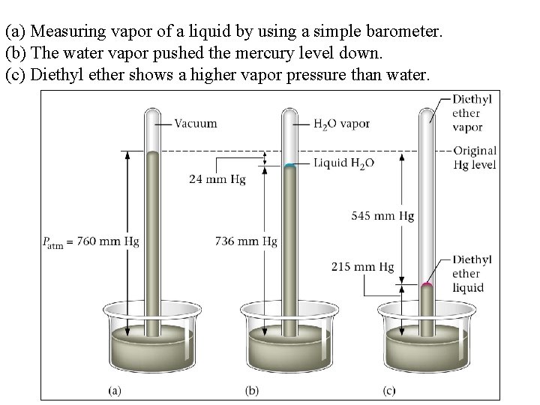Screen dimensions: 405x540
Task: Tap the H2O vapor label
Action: [x=341, y=124]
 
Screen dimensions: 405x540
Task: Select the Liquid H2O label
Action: [x=343, y=163]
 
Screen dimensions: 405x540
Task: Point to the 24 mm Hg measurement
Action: [x=217, y=178]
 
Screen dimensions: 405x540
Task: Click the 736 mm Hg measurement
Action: [x=246, y=241]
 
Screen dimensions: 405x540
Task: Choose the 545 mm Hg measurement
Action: [x=382, y=216]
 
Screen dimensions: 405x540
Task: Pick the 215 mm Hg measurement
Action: [x=362, y=267]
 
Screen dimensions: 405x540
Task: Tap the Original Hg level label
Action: [x=474, y=157]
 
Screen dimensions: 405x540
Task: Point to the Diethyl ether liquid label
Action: [x=471, y=274]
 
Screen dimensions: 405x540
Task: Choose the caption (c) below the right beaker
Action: [x=390, y=390]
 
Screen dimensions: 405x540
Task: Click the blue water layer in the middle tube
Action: [x=290, y=165]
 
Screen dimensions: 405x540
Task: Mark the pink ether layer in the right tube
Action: [x=427, y=285]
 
